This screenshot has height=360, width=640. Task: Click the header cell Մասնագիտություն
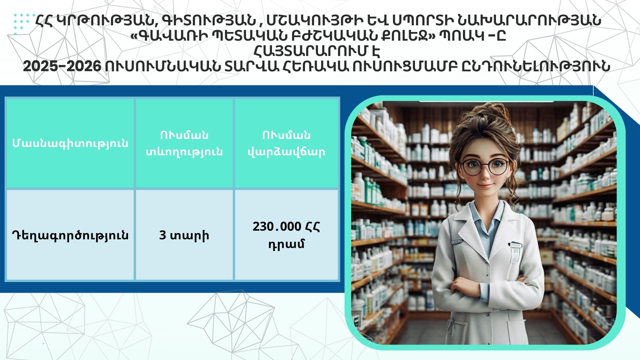70,143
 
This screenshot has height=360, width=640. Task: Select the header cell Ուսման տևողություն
184,143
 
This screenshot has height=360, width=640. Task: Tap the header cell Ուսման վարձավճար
286,143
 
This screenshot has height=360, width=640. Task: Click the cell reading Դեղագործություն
70,235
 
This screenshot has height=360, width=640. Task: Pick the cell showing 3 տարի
184,235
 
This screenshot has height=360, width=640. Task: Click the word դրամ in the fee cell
286,244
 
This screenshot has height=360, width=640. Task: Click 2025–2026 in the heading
62,66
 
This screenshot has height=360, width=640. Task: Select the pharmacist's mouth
486,185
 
